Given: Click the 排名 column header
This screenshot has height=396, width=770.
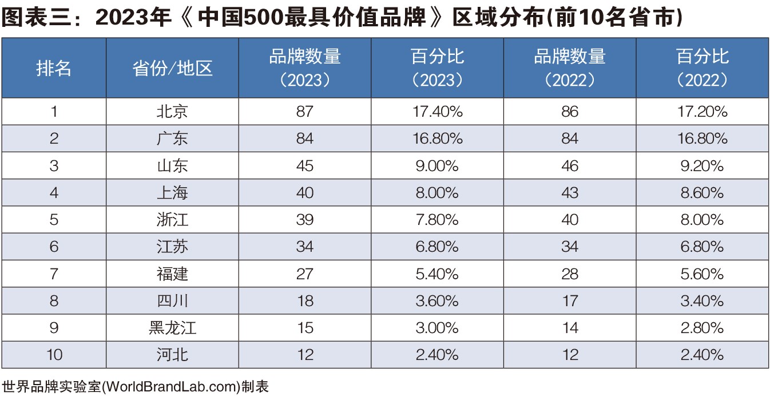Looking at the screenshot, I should tap(54, 69).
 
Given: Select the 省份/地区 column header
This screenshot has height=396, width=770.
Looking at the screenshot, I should tap(172, 69).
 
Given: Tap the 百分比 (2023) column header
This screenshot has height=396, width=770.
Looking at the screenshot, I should tap(437, 68).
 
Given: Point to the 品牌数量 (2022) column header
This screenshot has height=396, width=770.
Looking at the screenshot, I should tap(570, 68).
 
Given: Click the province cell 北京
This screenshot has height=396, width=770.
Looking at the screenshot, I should tap(172, 112).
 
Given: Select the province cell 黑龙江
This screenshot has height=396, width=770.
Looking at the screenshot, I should tap(172, 328).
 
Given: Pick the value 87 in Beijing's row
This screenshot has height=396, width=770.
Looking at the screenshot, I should tap(305, 112).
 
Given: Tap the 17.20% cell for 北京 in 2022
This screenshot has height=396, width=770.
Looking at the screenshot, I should tap(702, 112).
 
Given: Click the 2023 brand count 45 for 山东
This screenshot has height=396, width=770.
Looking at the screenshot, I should tap(305, 166).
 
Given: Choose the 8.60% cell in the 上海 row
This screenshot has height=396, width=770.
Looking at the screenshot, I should tap(702, 193).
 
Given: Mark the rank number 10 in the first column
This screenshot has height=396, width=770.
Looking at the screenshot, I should tap(54, 355).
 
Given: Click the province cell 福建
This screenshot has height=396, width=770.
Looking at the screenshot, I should tap(172, 274).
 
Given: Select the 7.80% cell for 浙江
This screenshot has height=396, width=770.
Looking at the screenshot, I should tap(437, 220).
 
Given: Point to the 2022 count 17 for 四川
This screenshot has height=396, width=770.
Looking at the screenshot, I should tap(570, 301).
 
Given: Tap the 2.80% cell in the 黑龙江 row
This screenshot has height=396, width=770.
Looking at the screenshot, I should tap(702, 328).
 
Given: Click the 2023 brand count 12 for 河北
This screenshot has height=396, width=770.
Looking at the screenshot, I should tap(305, 355).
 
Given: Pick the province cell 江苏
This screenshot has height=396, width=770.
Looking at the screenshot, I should tap(172, 247).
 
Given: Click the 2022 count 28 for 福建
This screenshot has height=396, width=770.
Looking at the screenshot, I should tap(570, 274).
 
